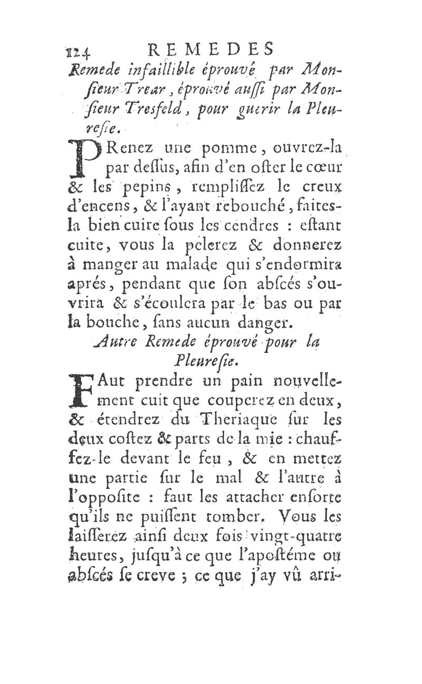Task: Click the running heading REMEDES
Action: coord(210,49)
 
